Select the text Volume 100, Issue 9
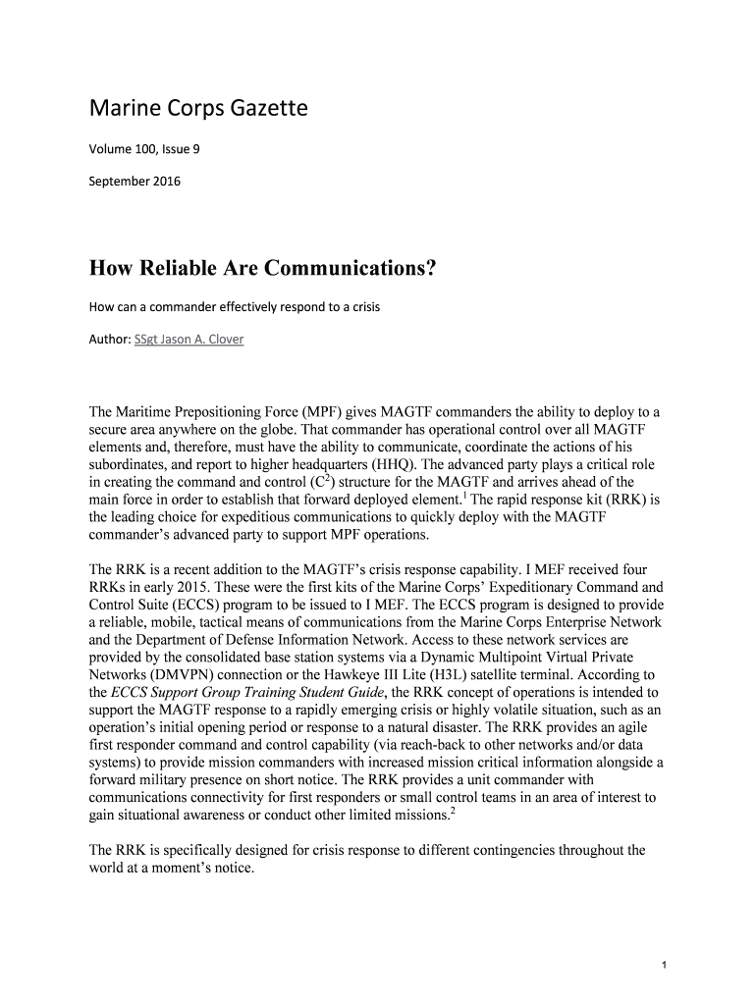point(145,149)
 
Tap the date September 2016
point(135,181)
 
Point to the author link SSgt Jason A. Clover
point(190,339)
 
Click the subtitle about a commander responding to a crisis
point(235,307)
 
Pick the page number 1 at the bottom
point(665,964)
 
